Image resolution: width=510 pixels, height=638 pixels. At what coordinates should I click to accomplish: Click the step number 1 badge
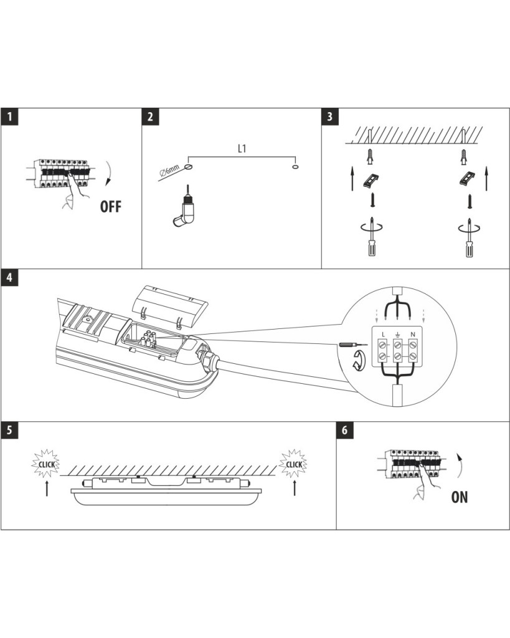[9, 117]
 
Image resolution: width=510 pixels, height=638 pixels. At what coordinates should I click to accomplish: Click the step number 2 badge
[151, 117]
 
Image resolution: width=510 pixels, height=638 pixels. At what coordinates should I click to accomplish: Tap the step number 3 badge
[330, 117]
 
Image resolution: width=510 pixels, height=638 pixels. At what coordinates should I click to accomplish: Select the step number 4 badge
[9, 278]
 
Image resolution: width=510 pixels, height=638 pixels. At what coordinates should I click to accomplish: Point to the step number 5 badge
[9, 431]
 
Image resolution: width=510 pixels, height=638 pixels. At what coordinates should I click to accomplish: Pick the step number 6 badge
[345, 431]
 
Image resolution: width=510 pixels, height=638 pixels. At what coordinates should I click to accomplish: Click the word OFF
[111, 206]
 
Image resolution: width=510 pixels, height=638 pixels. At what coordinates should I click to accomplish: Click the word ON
[460, 497]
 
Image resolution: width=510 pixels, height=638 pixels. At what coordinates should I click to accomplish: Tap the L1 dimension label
[243, 150]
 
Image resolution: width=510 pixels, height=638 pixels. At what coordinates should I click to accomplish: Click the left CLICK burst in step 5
[47, 464]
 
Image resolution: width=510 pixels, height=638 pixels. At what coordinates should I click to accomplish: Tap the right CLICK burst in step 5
[294, 464]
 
